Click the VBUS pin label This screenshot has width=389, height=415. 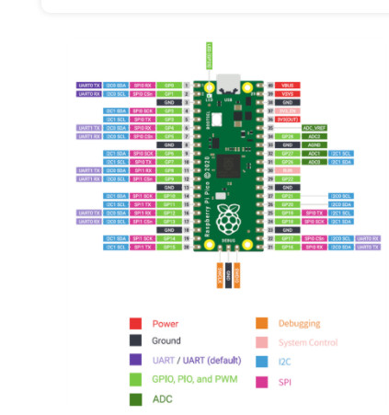tap(288, 85)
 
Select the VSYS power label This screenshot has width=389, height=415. tap(288, 93)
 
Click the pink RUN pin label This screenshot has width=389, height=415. tap(288, 170)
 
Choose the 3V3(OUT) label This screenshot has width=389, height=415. tap(288, 119)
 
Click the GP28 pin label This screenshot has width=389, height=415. tap(288, 136)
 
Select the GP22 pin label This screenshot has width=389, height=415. tap(288, 179)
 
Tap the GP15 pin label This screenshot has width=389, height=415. tap(169, 247)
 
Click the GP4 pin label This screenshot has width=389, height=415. tap(169, 127)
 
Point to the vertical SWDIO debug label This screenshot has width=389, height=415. tap(236, 273)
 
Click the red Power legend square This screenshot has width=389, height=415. tap(134, 323)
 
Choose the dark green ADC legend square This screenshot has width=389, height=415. tap(134, 399)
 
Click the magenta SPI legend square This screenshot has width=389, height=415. tap(260, 380)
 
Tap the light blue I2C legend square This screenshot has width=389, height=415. tap(260, 362)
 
